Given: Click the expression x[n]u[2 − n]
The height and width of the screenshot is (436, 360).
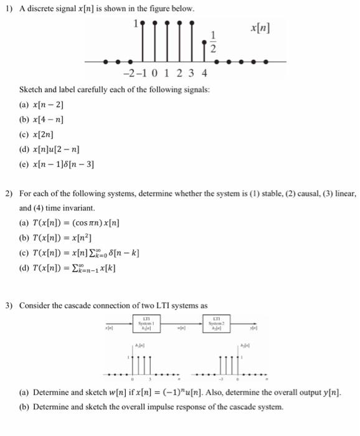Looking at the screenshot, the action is coord(59,149).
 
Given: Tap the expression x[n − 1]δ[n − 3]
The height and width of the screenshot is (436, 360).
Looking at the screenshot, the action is coord(66,164).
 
